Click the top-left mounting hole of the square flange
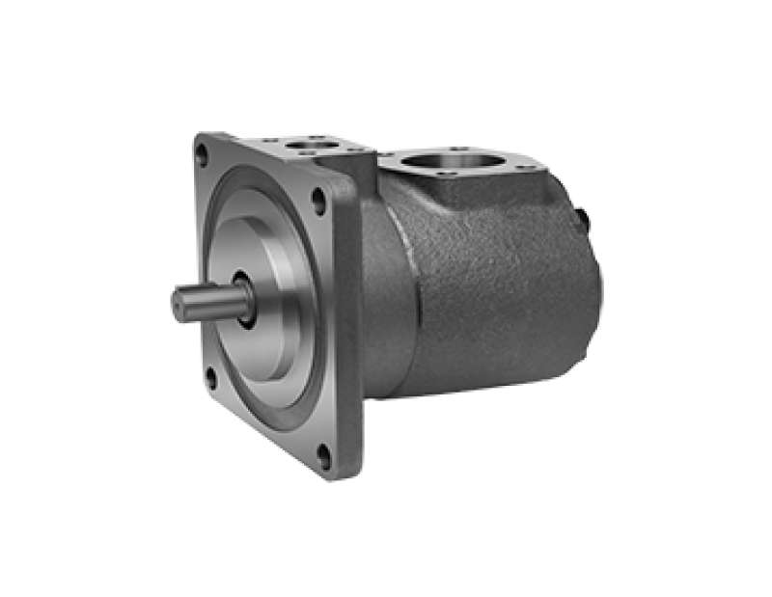point(202,150)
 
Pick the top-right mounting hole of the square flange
point(317,201)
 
